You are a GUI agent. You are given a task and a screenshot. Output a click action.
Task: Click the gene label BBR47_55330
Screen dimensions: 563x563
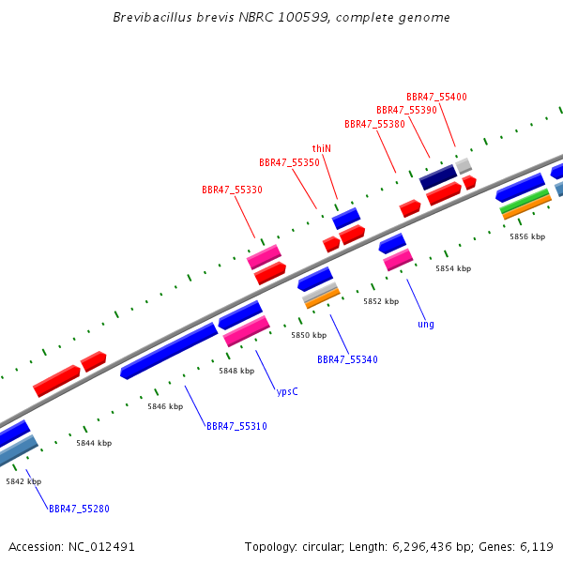232,190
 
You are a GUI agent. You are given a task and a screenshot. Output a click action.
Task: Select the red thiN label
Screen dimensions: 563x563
321,148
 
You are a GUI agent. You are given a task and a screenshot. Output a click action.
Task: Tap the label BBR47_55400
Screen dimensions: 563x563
436,97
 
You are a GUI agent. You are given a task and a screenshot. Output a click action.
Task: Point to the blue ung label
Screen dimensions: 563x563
426,325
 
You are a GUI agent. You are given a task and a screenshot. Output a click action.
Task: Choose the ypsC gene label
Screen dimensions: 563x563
287,391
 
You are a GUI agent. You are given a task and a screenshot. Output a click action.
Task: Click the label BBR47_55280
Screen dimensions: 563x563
79,509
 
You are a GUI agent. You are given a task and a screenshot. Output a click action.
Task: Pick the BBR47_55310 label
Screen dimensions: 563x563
236,426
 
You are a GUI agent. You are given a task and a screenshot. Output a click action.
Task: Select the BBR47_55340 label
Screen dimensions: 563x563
347,359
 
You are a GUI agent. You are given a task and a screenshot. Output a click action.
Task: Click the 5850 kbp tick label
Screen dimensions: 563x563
309,335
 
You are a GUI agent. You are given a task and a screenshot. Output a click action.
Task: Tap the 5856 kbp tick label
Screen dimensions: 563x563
527,236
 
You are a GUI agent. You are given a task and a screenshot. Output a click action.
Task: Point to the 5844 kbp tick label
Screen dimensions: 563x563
94,443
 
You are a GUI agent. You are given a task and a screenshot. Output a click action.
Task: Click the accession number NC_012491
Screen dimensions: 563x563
101,547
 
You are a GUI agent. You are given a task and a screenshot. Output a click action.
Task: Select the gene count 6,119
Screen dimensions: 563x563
537,547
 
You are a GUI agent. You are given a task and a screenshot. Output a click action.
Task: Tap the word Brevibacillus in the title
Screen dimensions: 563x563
152,17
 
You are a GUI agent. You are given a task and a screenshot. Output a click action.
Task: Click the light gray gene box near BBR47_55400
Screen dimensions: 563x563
464,166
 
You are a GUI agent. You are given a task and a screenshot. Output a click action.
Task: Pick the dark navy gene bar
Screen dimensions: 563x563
438,177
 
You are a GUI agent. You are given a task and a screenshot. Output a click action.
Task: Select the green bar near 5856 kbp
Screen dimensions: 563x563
525,201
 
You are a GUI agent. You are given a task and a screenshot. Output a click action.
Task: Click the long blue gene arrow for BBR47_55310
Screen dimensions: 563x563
169,351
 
